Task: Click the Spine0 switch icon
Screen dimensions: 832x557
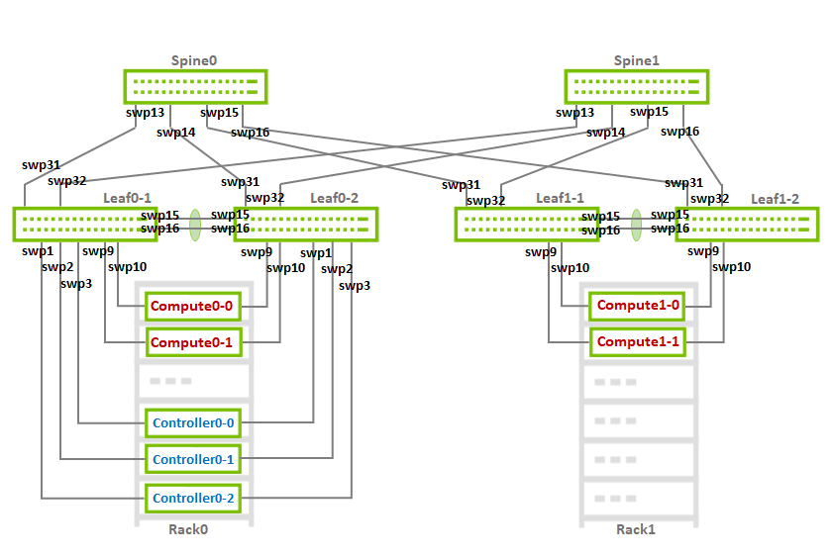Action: tap(195, 87)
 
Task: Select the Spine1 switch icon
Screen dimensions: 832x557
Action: tap(637, 87)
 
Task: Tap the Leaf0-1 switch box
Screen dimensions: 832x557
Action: tap(85, 225)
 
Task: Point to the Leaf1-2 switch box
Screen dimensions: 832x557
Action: tap(747, 225)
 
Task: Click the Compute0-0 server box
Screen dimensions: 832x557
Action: tap(193, 307)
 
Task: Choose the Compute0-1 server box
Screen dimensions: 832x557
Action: tap(193, 342)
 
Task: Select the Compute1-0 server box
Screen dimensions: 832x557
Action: tap(637, 306)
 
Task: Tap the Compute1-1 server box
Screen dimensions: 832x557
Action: tap(637, 342)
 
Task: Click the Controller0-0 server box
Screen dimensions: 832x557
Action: tap(193, 422)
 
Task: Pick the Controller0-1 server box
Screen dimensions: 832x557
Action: tap(193, 459)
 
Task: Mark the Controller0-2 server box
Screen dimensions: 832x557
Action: tap(193, 499)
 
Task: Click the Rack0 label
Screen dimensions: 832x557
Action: tap(188, 529)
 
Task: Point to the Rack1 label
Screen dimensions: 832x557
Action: tap(636, 529)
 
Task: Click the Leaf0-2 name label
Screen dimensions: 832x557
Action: tap(335, 198)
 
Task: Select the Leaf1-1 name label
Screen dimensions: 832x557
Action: tap(560, 198)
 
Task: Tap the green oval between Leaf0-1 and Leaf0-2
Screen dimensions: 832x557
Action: tap(195, 225)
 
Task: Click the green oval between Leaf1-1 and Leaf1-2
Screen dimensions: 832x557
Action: tap(636, 225)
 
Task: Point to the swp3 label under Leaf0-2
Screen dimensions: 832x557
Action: tap(355, 286)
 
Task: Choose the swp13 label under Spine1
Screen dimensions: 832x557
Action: tap(574, 113)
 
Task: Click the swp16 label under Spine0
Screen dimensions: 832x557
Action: tap(250, 133)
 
